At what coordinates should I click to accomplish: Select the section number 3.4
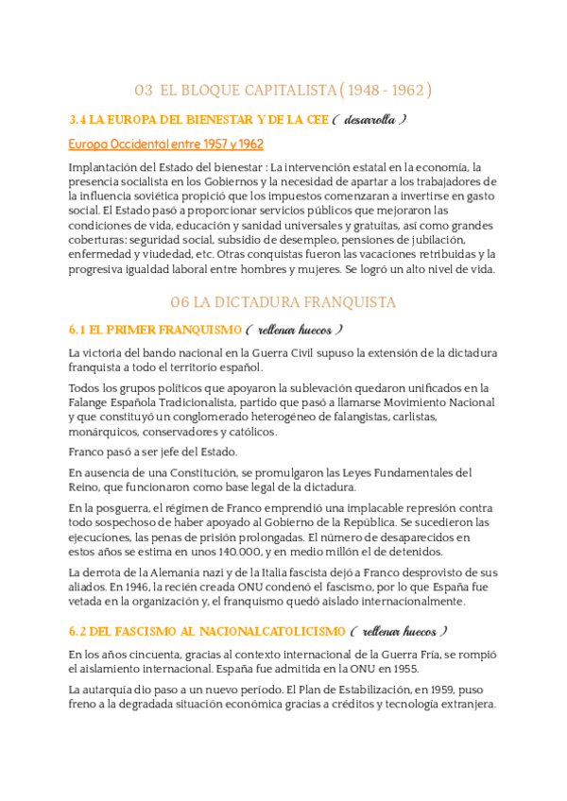[78, 120]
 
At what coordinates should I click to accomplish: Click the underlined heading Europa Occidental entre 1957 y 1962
[166, 144]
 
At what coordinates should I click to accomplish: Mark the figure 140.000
[249, 552]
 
